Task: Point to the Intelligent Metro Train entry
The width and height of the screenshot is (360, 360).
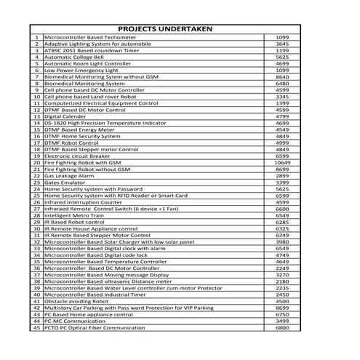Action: (76, 215)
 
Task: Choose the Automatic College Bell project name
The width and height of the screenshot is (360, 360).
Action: (75, 56)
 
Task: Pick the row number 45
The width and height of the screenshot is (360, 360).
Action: (36, 329)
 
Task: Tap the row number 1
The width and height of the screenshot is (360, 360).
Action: (36, 36)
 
